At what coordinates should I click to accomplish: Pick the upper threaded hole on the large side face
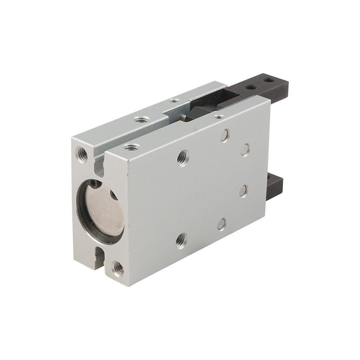(183, 157)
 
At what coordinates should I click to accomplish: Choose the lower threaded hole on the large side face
(181, 240)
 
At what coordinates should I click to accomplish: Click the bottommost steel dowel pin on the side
(222, 224)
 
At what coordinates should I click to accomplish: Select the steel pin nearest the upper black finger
(245, 150)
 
